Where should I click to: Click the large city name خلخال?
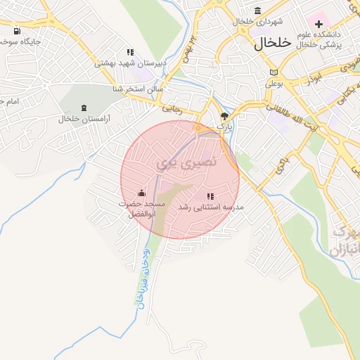click(271, 42)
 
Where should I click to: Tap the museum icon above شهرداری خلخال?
click(258, 11)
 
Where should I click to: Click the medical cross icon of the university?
click(319, 24)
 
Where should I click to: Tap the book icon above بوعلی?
click(274, 73)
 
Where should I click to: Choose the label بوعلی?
click(273, 83)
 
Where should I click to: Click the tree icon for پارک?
click(224, 117)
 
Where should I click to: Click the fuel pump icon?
click(17, 31)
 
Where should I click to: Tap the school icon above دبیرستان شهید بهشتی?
click(130, 52)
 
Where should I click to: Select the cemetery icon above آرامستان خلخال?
click(85, 108)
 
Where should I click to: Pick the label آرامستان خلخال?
click(85, 119)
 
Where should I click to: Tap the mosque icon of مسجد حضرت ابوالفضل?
click(141, 193)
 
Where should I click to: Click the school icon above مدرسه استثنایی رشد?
click(210, 196)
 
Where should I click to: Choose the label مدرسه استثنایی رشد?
click(210, 207)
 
